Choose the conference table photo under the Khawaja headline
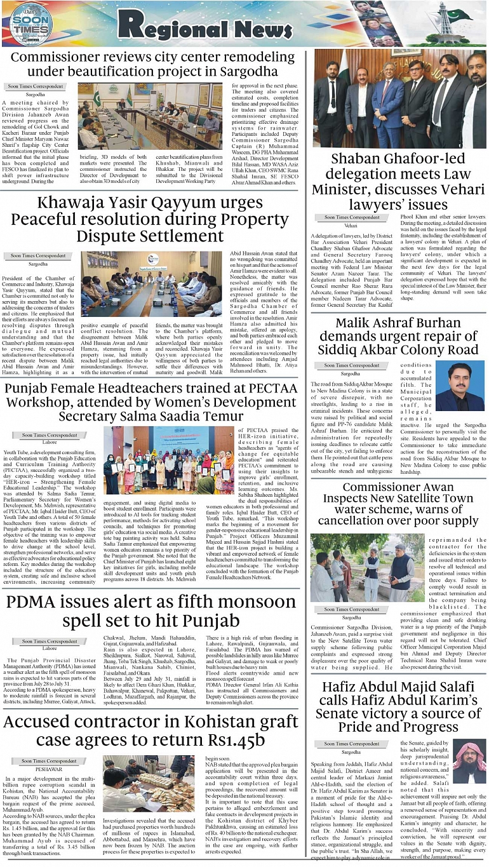coord(151,287)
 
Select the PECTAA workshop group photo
coord(170,460)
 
